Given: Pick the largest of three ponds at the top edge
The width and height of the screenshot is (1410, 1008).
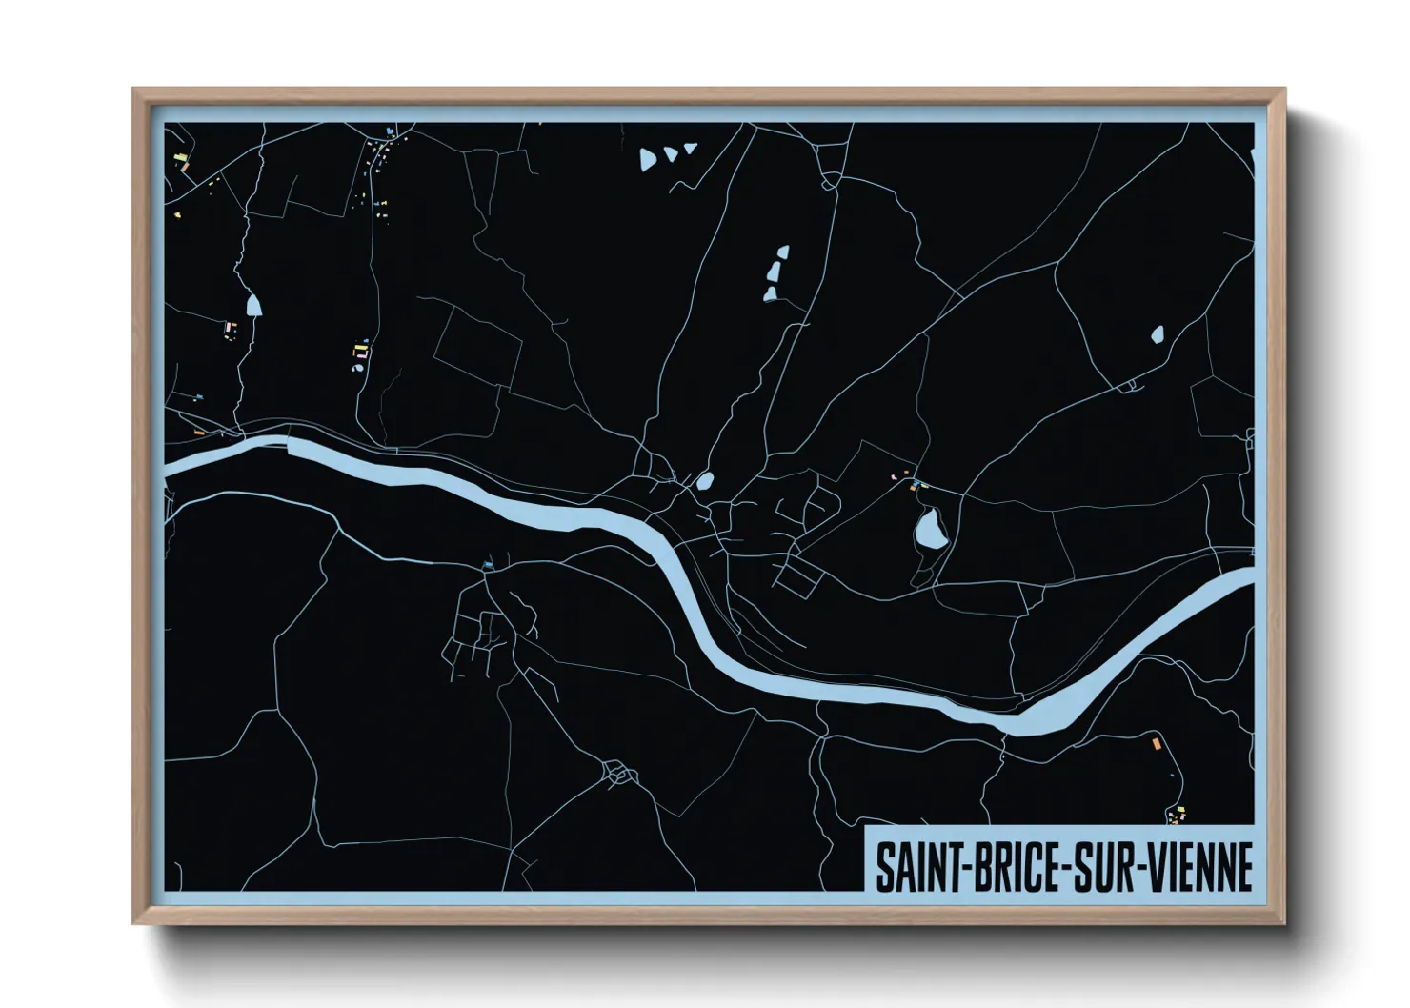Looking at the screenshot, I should click(x=648, y=159).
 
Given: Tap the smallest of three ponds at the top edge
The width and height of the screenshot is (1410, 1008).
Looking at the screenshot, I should click(x=691, y=148).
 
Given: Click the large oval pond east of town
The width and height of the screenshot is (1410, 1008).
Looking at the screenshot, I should click(x=928, y=528).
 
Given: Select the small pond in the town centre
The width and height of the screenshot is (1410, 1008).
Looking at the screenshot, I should click(x=705, y=481).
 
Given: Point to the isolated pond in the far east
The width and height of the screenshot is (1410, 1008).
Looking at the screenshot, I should click(x=1157, y=334).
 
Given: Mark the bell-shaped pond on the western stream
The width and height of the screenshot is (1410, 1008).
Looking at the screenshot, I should click(x=252, y=305).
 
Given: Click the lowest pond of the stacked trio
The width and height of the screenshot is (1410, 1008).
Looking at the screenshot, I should click(x=770, y=293).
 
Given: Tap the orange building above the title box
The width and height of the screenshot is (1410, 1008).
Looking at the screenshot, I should click(x=1157, y=742).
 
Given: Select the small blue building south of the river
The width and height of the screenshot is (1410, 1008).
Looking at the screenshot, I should click(x=488, y=566).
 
